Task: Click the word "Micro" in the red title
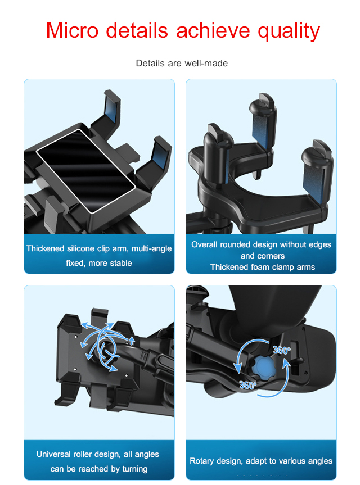[x=72, y=30]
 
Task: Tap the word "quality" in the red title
[x=289, y=32]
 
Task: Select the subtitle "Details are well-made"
[x=182, y=63]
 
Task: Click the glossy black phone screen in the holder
[x=86, y=171]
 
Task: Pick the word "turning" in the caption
[x=134, y=469]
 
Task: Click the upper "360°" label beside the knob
[x=281, y=350]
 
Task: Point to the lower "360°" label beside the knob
[x=247, y=385]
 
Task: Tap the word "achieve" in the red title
[x=213, y=30]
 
